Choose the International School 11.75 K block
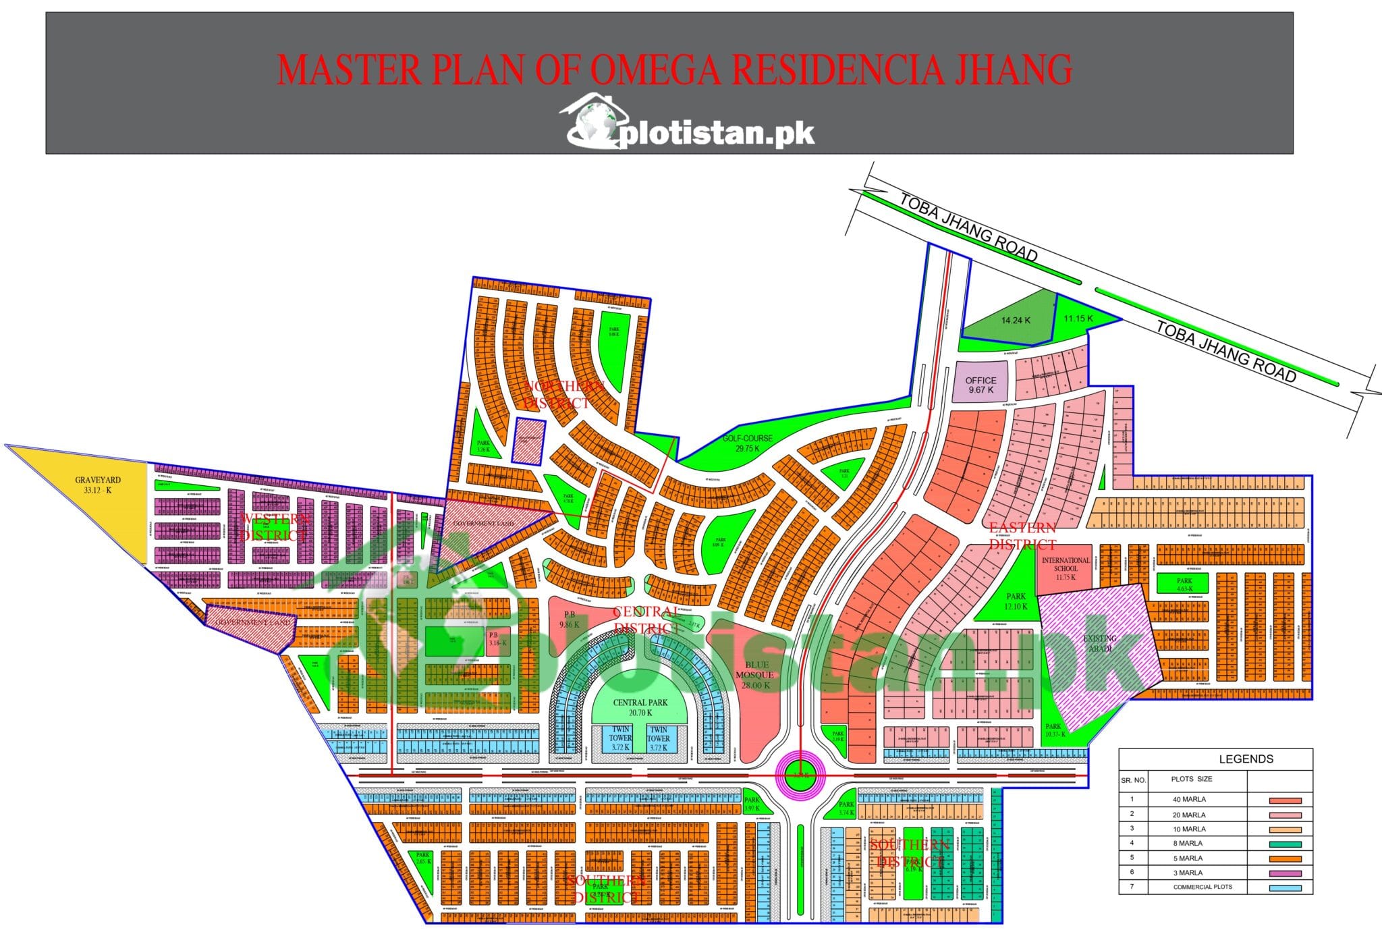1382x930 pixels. (1066, 569)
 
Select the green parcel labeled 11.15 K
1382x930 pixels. (1078, 319)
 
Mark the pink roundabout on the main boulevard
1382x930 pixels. (800, 776)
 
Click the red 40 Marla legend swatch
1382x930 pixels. (1285, 800)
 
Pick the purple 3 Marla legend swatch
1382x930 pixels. (1285, 873)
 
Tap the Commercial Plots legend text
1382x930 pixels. (1203, 887)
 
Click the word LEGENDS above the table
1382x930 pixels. (1246, 759)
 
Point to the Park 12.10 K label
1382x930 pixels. (1016, 601)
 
